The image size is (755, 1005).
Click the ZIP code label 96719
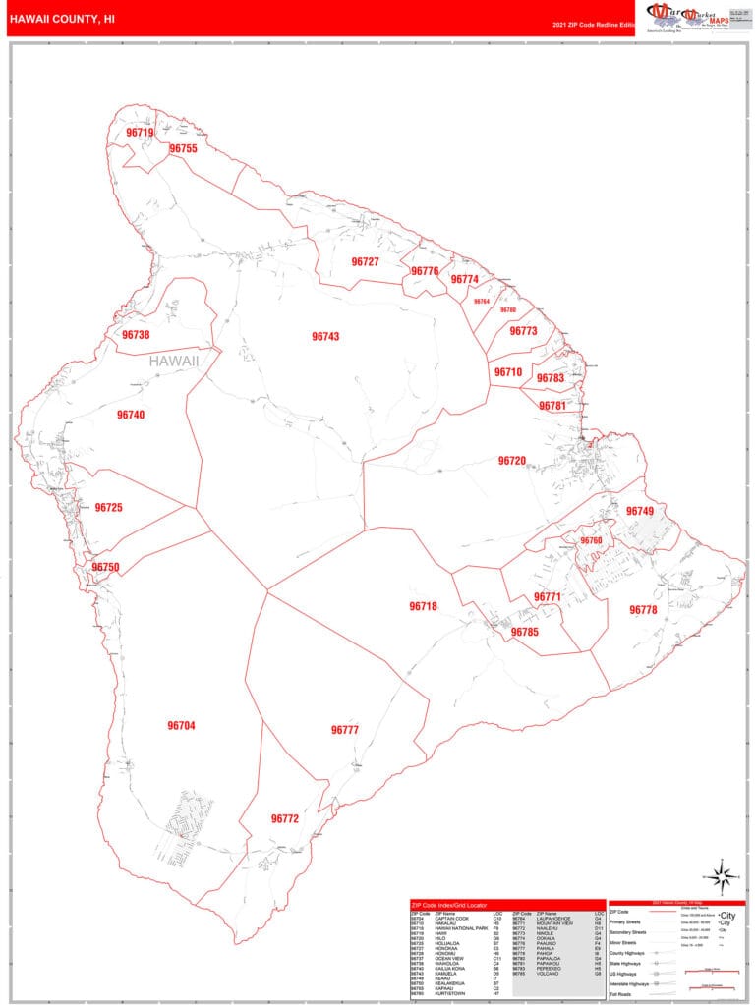pyautogui.click(x=140, y=133)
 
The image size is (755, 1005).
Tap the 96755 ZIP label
pyautogui.click(x=183, y=148)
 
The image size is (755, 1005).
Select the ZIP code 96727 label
pyautogui.click(x=365, y=262)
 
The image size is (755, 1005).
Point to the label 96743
pyautogui.click(x=325, y=337)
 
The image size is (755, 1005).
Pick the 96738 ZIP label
pyautogui.click(x=136, y=335)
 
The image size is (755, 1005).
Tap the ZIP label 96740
pyautogui.click(x=131, y=416)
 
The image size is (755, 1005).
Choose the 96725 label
pyautogui.click(x=109, y=508)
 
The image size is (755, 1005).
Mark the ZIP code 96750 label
pyautogui.click(x=105, y=568)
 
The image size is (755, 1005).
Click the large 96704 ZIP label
pyautogui.click(x=181, y=726)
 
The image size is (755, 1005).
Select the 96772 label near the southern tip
pyautogui.click(x=284, y=818)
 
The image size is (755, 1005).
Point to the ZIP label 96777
pyautogui.click(x=345, y=730)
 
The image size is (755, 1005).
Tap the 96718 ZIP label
pyautogui.click(x=423, y=607)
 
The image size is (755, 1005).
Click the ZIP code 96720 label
pyautogui.click(x=511, y=461)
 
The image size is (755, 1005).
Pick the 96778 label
pyautogui.click(x=643, y=610)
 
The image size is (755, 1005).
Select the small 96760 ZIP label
pyautogui.click(x=591, y=541)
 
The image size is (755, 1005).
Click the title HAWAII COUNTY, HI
pyautogui.click(x=62, y=17)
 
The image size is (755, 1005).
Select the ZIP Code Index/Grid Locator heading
pyautogui.click(x=455, y=904)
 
